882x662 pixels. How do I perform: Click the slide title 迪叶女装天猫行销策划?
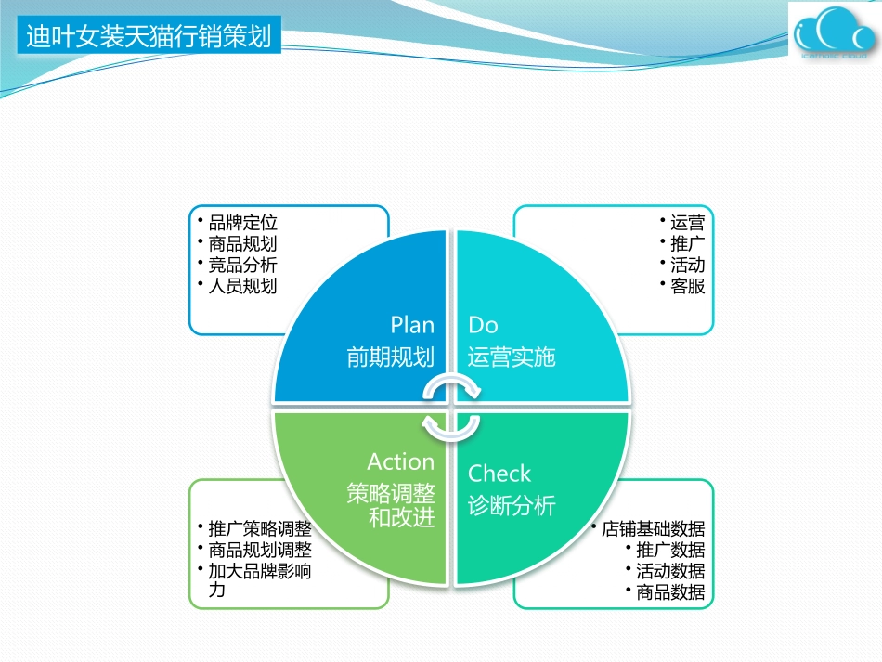click(149, 37)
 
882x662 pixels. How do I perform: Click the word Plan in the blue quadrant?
click(412, 325)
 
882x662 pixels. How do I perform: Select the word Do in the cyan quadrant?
click(483, 325)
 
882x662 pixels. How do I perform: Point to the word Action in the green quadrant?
click(400, 461)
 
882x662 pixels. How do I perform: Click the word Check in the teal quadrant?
click(499, 474)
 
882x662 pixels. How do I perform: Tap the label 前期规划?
click(390, 357)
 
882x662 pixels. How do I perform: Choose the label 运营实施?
click(512, 357)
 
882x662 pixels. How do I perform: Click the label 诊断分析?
click(512, 506)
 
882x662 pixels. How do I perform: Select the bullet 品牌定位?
click(242, 223)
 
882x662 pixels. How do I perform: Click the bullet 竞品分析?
click(242, 265)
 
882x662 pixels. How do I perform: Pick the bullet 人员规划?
click(242, 286)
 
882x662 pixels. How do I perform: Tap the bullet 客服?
click(687, 286)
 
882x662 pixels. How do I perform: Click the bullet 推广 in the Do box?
click(687, 244)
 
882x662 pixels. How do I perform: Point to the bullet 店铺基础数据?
click(653, 529)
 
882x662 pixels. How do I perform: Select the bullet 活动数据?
click(670, 571)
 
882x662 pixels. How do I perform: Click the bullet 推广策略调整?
click(260, 529)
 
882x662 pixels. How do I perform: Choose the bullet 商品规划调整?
click(260, 551)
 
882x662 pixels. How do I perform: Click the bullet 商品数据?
click(670, 592)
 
